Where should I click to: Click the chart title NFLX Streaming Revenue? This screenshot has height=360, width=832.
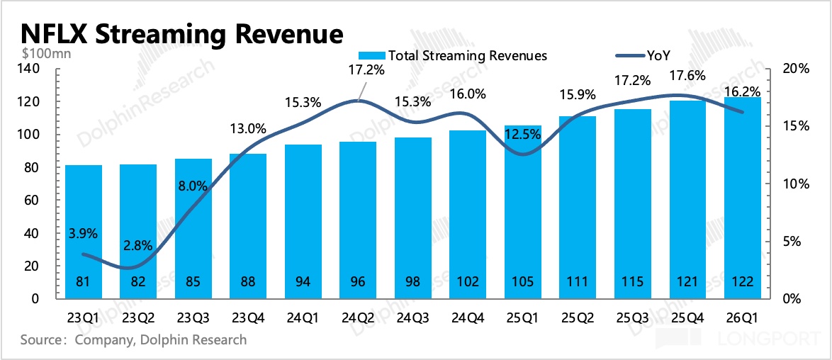pyautogui.click(x=181, y=33)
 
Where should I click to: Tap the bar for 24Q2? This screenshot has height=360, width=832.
pyautogui.click(x=357, y=220)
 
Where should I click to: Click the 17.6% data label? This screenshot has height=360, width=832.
pyautogui.click(x=687, y=76)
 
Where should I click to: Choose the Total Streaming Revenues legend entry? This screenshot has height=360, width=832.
pyautogui.click(x=454, y=56)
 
